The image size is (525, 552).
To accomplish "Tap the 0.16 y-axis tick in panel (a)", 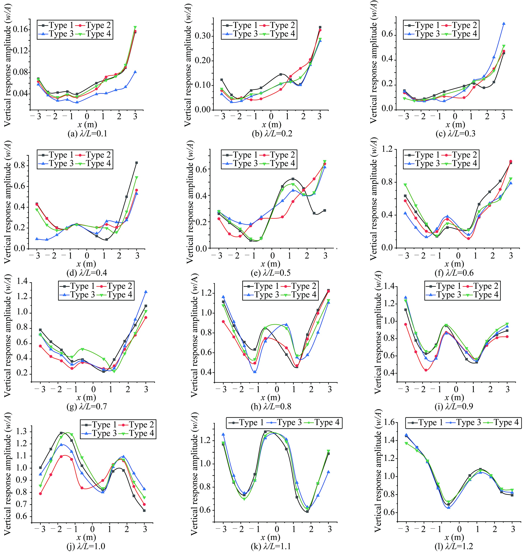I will [x=22, y=30].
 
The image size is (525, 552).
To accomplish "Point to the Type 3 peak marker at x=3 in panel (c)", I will [x=504, y=24].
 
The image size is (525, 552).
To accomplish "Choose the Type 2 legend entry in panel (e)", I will [x=278, y=155].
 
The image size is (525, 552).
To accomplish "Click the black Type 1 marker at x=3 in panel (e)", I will [x=325, y=210].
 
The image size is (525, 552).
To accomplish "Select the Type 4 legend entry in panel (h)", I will [x=299, y=295].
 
